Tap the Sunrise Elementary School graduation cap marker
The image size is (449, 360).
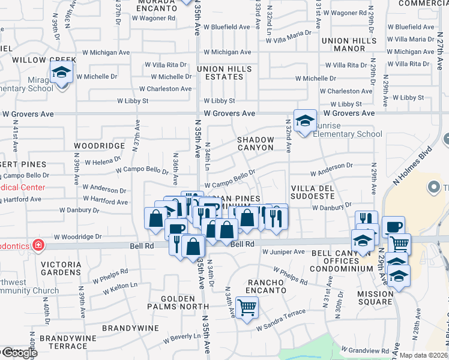(x=305, y=121)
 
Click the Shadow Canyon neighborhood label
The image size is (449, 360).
(x=256, y=143)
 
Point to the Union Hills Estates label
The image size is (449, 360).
(x=224, y=73)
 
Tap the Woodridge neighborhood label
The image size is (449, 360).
(x=98, y=146)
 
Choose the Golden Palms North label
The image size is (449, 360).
(x=178, y=302)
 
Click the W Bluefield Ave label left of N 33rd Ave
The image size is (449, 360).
(x=227, y=27)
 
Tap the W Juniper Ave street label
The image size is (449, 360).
(x=283, y=252)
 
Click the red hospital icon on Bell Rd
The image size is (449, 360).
(x=38, y=245)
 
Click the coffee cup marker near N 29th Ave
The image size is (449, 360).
(x=393, y=227)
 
